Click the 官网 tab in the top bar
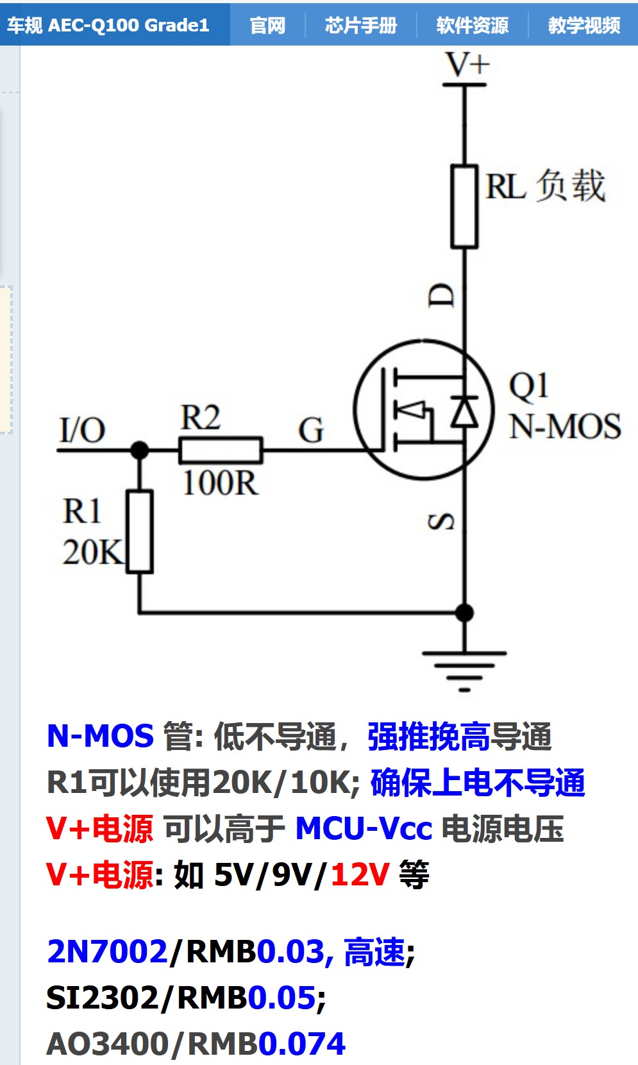(267, 25)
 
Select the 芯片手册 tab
(361, 25)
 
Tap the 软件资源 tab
(472, 25)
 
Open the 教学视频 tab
(584, 25)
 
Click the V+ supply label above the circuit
(467, 65)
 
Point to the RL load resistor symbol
(464, 207)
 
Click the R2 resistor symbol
(221, 450)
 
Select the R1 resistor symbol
(140, 531)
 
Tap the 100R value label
(220, 483)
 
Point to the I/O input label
(82, 430)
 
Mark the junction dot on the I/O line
(140, 450)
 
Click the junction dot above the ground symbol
(464, 613)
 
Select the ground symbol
(464, 667)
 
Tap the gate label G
(311, 430)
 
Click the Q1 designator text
(528, 386)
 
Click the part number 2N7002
(107, 951)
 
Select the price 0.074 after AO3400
(302, 1044)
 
